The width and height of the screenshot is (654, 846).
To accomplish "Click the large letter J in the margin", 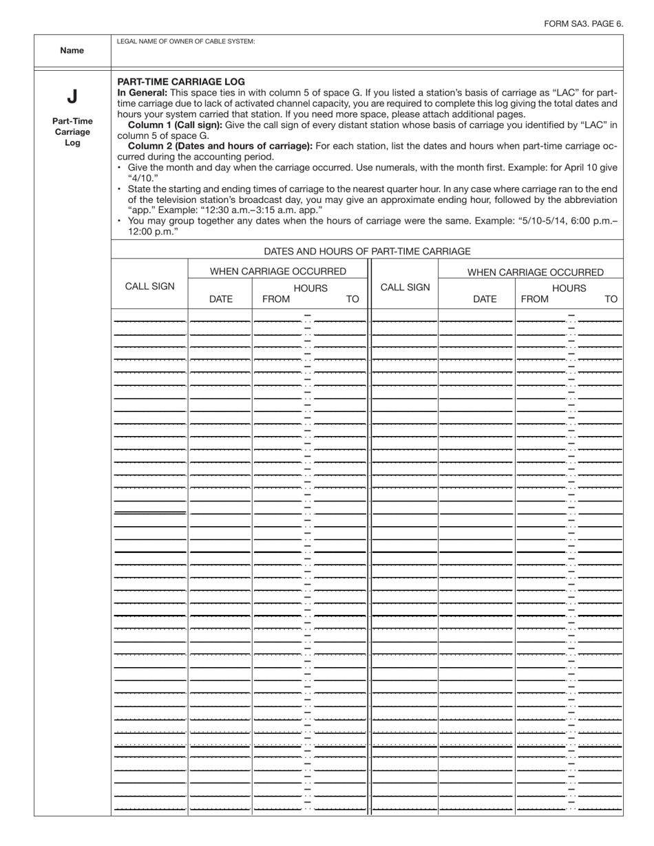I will [x=72, y=96].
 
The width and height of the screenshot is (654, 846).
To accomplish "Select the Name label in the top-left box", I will [x=72, y=50].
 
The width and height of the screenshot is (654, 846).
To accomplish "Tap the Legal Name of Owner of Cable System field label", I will [x=186, y=42].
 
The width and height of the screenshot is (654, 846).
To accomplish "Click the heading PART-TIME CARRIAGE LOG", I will [x=181, y=81].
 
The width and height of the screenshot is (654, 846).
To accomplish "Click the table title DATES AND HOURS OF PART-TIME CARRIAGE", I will [x=367, y=252].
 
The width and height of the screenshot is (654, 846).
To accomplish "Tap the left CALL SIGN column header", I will [x=149, y=287].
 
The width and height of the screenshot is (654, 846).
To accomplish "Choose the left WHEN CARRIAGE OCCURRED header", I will [x=278, y=272].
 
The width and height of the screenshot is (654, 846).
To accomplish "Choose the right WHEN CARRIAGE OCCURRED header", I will [x=536, y=272].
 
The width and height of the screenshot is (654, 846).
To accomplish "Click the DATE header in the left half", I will [x=220, y=299].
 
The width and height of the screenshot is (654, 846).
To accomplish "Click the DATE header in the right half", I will [x=485, y=299].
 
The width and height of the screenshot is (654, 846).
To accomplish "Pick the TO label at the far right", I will [x=611, y=299].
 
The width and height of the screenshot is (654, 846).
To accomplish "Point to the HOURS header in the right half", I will [x=569, y=288].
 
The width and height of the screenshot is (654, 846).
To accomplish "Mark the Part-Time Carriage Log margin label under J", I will [x=72, y=131].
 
